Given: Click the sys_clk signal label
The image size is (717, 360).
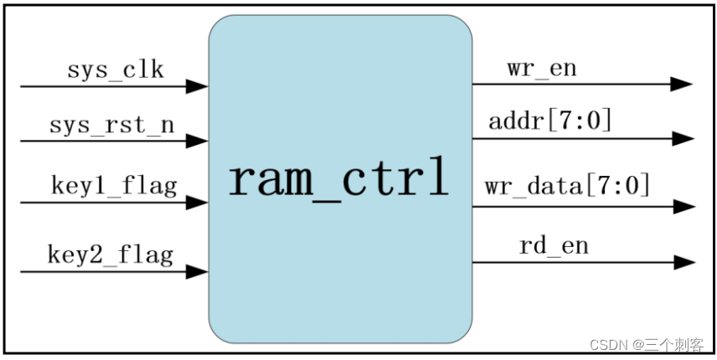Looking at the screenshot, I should point(116,69).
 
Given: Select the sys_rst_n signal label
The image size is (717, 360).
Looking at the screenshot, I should point(111,126).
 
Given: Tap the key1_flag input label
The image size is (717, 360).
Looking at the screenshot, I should point(114,185).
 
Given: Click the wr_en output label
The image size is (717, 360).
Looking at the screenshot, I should point(541,68).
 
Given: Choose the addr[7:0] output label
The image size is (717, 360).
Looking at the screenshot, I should point(550,121).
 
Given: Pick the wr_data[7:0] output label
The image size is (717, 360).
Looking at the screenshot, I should point(567,185).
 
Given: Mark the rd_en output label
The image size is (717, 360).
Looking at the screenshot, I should point(554,245).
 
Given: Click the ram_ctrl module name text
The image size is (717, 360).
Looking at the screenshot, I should point(339,180).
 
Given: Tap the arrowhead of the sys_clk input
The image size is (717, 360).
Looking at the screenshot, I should point(198,86).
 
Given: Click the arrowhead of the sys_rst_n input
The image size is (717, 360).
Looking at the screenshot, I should point(198,141).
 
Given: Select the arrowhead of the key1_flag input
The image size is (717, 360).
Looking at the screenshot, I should point(198,203).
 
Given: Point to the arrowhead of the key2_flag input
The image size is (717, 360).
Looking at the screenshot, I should point(198,271).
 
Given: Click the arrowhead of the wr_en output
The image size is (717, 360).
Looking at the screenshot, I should point(682,84).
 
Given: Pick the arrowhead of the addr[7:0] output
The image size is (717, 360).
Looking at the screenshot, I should point(682,138).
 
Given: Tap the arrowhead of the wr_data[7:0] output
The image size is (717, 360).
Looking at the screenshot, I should point(682,206).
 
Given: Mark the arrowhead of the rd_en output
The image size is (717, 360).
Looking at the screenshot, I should point(682,262).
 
